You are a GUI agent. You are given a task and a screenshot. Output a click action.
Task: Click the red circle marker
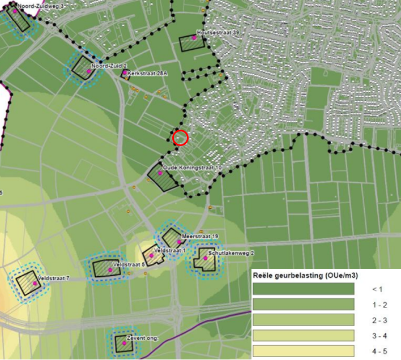tap(180, 138)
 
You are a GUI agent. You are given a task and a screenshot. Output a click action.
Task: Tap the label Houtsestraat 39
tap(217, 33)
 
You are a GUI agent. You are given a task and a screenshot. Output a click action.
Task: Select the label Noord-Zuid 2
tap(109, 66)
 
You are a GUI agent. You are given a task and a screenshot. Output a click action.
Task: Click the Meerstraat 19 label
tap(200, 235)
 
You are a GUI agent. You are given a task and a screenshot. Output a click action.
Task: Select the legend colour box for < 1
tap(303, 289)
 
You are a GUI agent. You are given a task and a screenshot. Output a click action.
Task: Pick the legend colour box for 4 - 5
tap(303, 351)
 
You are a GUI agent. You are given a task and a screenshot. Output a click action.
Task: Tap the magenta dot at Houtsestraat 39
tap(194, 37)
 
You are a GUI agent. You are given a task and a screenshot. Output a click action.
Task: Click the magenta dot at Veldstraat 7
tap(35, 283)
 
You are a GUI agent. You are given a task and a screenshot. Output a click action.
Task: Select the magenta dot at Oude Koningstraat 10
tap(160, 174)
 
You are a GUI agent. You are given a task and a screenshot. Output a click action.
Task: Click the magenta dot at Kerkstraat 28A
tap(125, 72)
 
